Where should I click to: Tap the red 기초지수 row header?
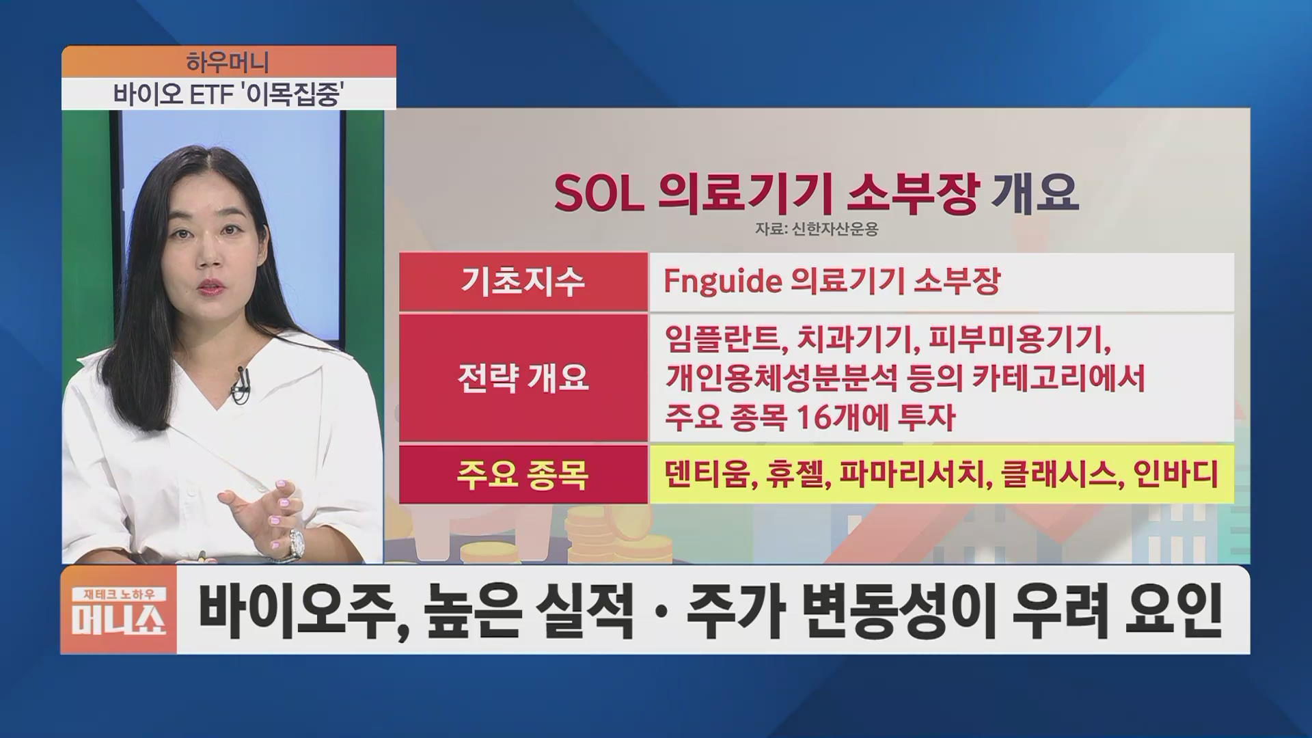click(x=523, y=282)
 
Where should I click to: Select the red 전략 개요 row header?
click(x=523, y=378)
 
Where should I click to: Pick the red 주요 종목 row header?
click(x=523, y=475)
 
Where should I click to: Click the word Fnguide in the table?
click(x=722, y=281)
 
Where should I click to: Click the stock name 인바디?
click(x=1175, y=474)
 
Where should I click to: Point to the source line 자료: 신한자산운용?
click(x=817, y=229)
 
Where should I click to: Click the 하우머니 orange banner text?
click(x=228, y=62)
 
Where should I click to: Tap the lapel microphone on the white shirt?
click(x=241, y=384)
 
